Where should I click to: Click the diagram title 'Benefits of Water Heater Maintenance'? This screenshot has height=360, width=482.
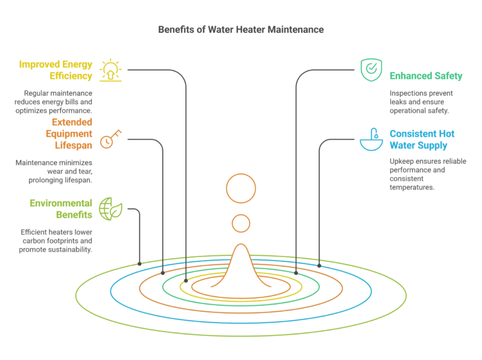pos(240,29)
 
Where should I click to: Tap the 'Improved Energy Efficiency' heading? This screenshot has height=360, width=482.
pos(55,70)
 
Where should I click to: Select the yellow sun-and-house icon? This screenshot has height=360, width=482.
pos(111,70)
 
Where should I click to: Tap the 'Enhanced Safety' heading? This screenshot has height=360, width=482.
pos(425,76)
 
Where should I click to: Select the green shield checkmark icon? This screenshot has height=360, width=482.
pos(369,70)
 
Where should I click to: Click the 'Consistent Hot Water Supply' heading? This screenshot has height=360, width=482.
pos(422,140)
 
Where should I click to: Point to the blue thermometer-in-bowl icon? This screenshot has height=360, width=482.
pos(370,140)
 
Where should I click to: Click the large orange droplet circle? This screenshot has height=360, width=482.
pos(241,188)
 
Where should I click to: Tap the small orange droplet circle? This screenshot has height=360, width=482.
pos(241,223)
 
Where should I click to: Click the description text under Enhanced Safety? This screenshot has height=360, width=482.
pos(421,102)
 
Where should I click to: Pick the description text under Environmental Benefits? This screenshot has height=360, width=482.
pos(55,240)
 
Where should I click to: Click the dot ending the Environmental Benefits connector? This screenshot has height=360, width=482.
pos(140,264)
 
